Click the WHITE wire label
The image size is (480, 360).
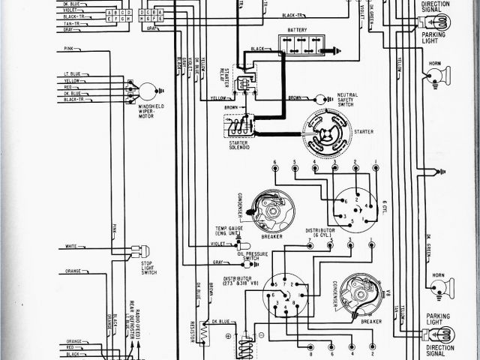pos(70,246)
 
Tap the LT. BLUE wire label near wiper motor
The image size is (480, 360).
pos(72,73)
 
